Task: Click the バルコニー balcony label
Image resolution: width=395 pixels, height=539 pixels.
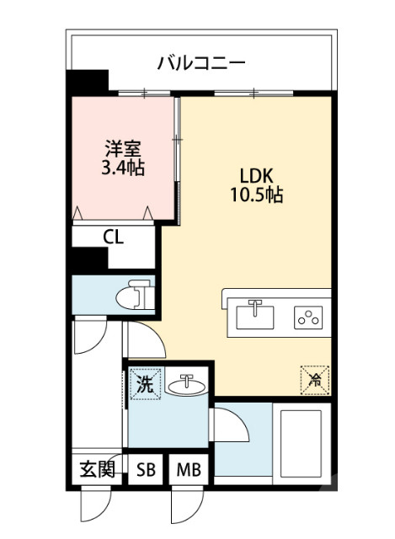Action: pyautogui.click(x=201, y=62)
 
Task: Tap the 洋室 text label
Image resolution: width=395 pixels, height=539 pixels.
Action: pyautogui.click(x=122, y=148)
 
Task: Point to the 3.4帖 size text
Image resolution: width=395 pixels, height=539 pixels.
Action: pyautogui.click(x=122, y=168)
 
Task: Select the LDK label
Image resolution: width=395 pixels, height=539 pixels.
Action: pyautogui.click(x=256, y=177)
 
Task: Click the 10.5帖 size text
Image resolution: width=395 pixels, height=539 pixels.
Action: pyautogui.click(x=256, y=197)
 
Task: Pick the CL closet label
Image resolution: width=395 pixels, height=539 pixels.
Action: pyautogui.click(x=114, y=237)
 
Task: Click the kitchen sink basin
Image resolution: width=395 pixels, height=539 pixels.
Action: pyautogui.click(x=255, y=317)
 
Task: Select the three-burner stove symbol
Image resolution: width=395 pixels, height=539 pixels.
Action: pyautogui.click(x=307, y=318)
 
